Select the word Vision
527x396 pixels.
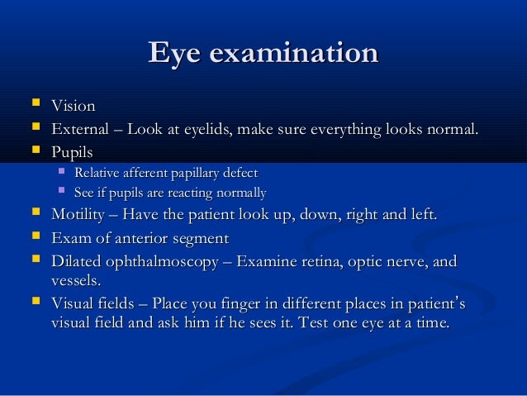click(x=74, y=107)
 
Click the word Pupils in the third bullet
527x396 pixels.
click(x=72, y=153)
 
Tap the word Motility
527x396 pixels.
click(x=81, y=216)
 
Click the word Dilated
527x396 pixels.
click(x=78, y=262)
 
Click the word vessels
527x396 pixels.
click(x=75, y=280)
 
